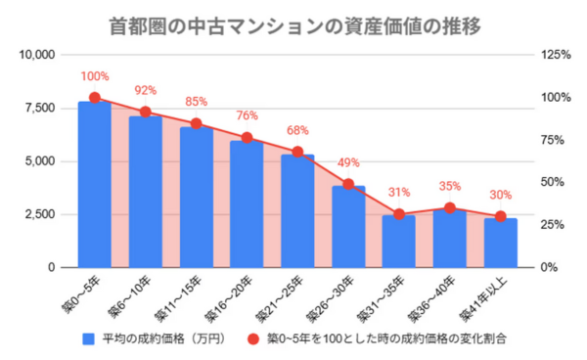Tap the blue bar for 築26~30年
tap(348, 226)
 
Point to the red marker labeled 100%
tap(95, 98)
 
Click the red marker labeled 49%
tap(348, 184)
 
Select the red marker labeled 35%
tap(449, 207)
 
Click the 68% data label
tap(297, 130)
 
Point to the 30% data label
tap(500, 194)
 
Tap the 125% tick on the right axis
tap(555, 55)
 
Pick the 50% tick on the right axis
tap(553, 182)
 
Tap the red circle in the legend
tap(251, 337)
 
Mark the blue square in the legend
tap(87, 337)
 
